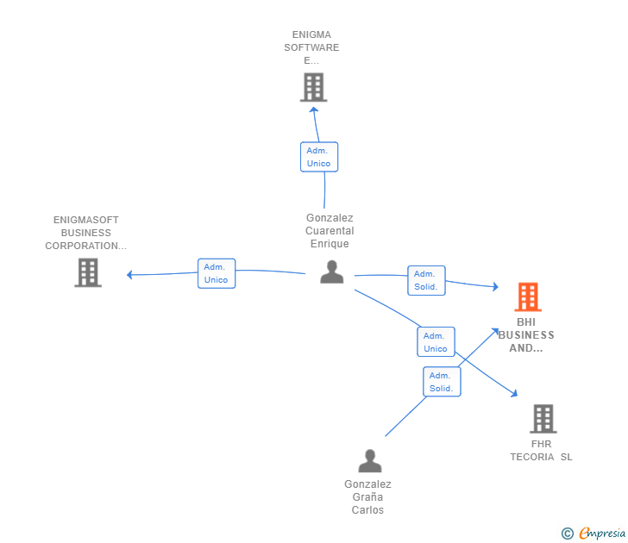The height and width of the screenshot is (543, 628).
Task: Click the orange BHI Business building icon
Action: point(528,296)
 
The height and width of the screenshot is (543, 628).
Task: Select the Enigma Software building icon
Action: point(313,87)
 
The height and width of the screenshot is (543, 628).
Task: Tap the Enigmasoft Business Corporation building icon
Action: point(87,272)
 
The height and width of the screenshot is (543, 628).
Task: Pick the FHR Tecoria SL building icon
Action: point(543,419)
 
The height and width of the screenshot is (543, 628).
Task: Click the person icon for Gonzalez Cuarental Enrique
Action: point(332,272)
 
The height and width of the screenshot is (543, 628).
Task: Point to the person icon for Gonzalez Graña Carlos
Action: point(369,461)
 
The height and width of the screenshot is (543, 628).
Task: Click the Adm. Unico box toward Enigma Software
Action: point(318,157)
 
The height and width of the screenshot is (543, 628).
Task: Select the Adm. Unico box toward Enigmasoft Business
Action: point(216,273)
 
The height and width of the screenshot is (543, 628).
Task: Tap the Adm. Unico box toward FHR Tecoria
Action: point(436,342)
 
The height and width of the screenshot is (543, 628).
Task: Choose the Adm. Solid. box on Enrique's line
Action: point(426,280)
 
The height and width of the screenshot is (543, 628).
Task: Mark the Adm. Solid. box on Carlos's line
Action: point(442,382)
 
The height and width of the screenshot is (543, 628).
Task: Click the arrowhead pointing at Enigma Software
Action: point(314,109)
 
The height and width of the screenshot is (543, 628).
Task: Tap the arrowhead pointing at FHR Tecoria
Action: point(514,393)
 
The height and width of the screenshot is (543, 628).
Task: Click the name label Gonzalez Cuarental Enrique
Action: point(330,231)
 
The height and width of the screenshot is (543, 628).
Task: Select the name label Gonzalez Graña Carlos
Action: point(367,497)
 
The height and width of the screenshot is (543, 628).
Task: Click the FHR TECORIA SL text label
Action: point(541,451)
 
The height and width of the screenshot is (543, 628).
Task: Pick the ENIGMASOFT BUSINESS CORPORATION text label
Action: point(86,233)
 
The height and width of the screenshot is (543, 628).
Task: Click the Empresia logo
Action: point(602,534)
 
